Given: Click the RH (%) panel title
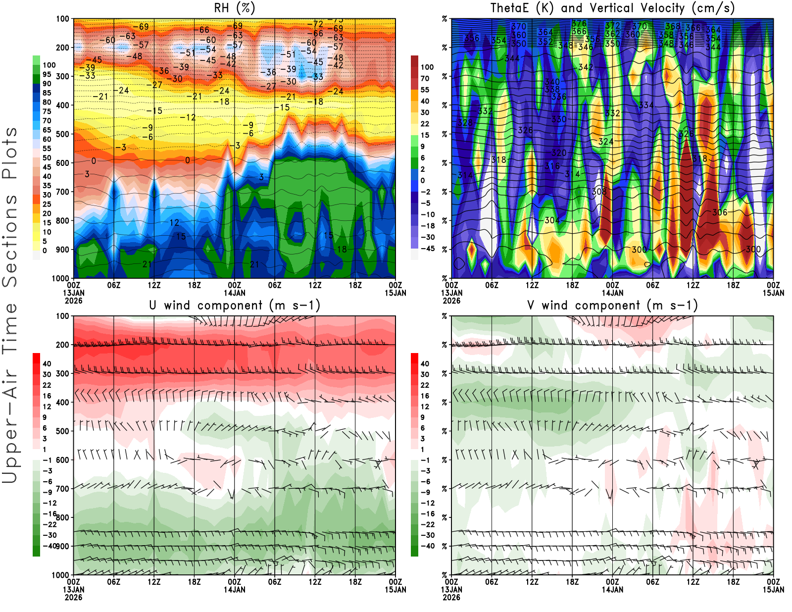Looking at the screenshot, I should click(235, 8).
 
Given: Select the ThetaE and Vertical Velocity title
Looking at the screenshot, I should click(612, 8).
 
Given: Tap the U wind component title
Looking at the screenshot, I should click(235, 305).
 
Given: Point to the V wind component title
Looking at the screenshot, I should click(612, 305).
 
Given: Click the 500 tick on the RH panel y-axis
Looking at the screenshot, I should click(62, 134).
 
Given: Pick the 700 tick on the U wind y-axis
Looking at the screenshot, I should click(62, 489).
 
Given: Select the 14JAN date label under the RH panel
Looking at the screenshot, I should click(235, 293).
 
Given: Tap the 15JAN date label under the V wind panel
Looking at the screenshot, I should click(773, 590).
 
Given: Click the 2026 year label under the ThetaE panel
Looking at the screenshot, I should click(451, 301).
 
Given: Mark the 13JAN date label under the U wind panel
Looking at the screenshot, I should click(73, 590).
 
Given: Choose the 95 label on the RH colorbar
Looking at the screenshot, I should click(47, 74).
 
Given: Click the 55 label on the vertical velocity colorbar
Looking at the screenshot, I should click(425, 90).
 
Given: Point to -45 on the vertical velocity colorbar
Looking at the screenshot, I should click(428, 249).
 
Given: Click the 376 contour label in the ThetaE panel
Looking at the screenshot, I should click(579, 24).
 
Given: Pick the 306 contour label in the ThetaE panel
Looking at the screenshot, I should click(720, 212).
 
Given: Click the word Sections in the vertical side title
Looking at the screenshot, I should click(10, 240).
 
